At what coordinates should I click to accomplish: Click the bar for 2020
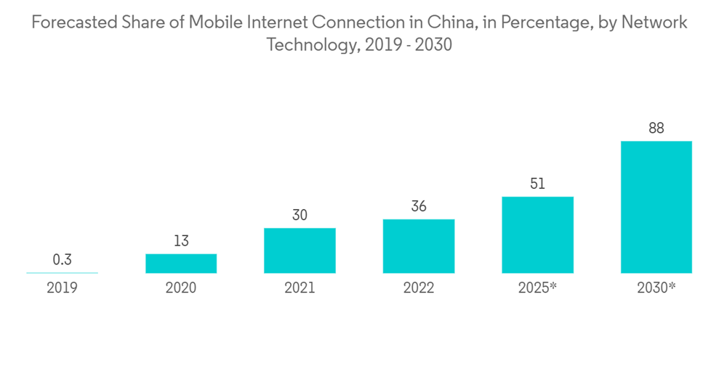(181, 264)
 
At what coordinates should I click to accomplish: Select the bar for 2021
(300, 251)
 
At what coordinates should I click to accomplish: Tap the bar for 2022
(419, 246)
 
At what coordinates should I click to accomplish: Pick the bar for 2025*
(537, 235)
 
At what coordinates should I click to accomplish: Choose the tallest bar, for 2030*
(656, 207)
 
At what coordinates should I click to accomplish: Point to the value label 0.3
(62, 260)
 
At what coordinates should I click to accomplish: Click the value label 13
(181, 241)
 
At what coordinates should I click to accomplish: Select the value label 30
(300, 215)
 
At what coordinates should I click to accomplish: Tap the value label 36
(419, 206)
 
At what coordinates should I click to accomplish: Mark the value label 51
(537, 184)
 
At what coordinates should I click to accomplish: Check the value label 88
(656, 129)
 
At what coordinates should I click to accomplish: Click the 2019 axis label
(62, 288)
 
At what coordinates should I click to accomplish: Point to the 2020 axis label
(181, 288)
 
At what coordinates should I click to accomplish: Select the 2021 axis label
(300, 288)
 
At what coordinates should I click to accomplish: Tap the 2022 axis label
(419, 288)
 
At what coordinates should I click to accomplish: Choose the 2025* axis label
(537, 288)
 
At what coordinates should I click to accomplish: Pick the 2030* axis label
(656, 288)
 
